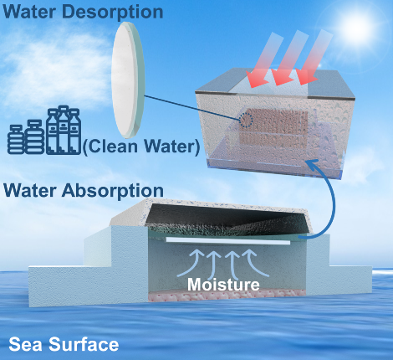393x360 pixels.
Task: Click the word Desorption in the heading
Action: coord(117,12)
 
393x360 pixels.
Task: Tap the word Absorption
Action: coord(113,191)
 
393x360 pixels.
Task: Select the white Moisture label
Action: coord(223,285)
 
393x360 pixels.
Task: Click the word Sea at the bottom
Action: coord(26,344)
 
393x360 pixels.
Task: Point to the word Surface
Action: coord(84,344)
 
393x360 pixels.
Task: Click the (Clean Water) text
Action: coord(141,147)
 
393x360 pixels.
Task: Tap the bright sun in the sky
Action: coord(356,27)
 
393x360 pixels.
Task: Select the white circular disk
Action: coord(128,80)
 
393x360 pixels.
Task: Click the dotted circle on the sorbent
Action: coord(246,121)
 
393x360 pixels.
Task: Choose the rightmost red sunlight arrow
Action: coord(314,56)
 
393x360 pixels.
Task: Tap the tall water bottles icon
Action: coord(64,130)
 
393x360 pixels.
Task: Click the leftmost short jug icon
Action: coord(16,140)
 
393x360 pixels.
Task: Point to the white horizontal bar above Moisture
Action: coord(228,241)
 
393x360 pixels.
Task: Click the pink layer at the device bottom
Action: coord(227,296)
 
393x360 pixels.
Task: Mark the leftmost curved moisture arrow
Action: coord(191,263)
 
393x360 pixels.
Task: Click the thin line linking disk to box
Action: coord(192,108)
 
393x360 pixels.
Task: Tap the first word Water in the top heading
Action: coord(34,12)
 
